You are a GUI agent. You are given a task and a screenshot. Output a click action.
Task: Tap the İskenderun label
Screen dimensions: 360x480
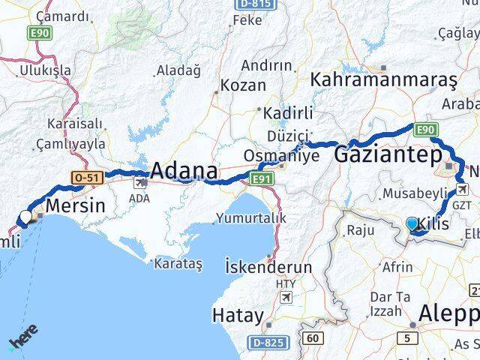point(268,266)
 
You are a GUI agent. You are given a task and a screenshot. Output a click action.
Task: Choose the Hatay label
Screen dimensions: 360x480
point(238,314)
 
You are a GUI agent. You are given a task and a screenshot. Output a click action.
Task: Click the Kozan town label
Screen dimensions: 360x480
point(244,85)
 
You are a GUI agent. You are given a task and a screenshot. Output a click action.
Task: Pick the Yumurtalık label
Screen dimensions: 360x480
point(250,218)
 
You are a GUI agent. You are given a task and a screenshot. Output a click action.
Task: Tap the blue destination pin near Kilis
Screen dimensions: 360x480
point(412,223)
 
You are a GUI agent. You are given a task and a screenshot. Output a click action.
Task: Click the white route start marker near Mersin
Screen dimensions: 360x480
point(26,217)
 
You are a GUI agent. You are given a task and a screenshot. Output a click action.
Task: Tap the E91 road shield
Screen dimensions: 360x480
point(260,178)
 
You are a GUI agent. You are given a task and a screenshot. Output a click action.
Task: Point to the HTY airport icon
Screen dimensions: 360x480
point(284,298)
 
